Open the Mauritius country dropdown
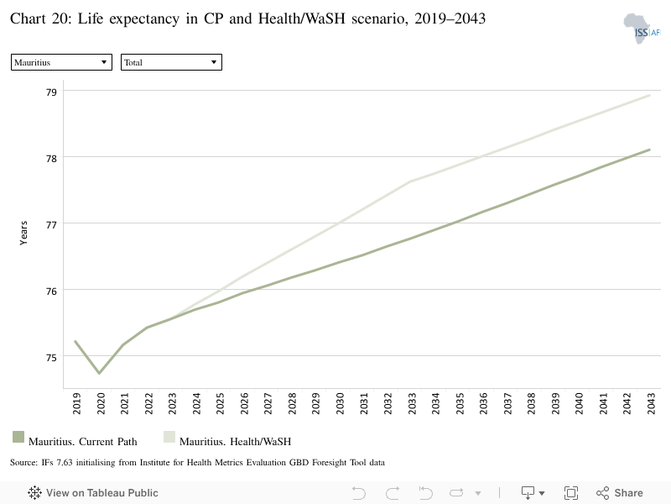[x=61, y=62]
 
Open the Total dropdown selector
[x=171, y=62]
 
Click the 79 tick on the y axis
[x=51, y=92]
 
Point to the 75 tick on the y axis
[x=51, y=358]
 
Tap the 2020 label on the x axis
[x=101, y=403]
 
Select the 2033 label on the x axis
[x=412, y=403]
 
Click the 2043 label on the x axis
[x=651, y=403]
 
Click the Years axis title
[x=23, y=234]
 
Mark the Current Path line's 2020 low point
[x=99, y=373]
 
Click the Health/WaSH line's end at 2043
[x=649, y=96]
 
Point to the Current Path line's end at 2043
[x=649, y=150]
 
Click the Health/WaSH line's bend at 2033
[x=411, y=181]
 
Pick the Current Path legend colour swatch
[x=18, y=437]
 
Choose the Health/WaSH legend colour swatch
[x=169, y=437]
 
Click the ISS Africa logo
[x=642, y=29]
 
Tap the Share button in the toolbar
[x=620, y=493]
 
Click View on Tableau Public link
[x=93, y=493]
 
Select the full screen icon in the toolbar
[x=571, y=493]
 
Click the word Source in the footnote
[x=24, y=463]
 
